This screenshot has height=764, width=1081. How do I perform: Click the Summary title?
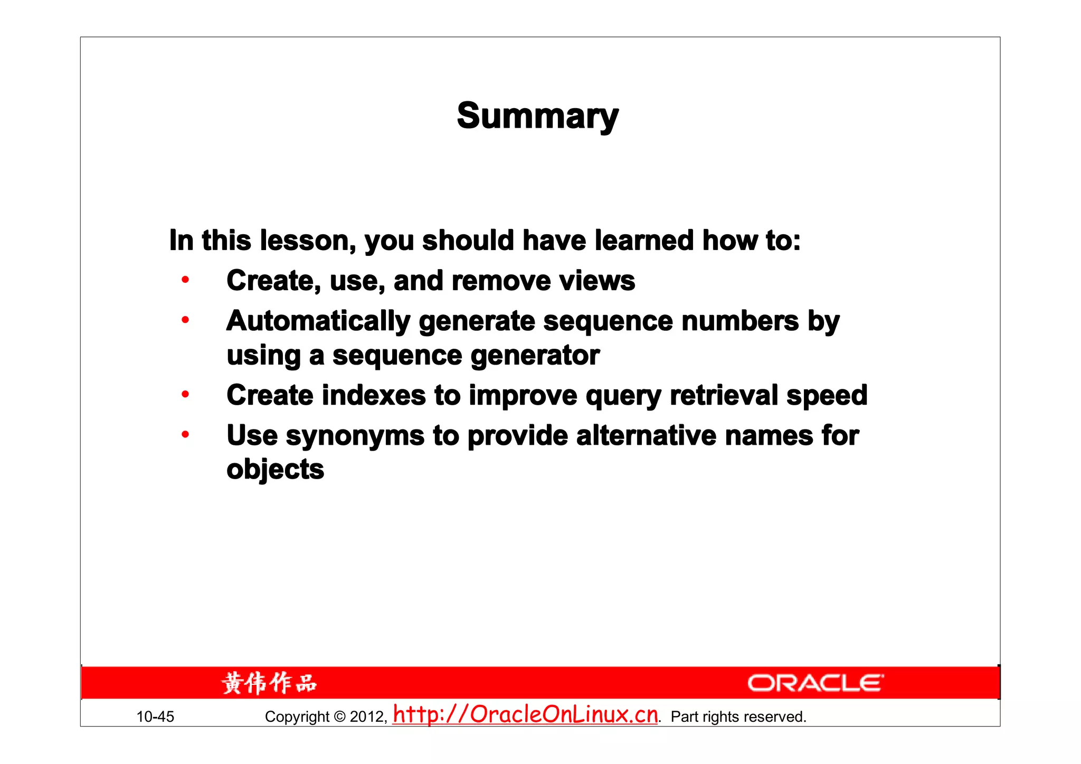click(x=537, y=116)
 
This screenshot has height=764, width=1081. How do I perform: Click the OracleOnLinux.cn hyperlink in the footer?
click(x=525, y=715)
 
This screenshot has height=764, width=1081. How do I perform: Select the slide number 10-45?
click(x=155, y=717)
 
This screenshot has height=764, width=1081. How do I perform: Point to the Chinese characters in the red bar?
click(x=269, y=683)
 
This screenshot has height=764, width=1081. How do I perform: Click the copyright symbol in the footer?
click(x=340, y=717)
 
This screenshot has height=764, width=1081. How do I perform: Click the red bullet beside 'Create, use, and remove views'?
click(x=185, y=280)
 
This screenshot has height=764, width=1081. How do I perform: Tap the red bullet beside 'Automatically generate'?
click(x=185, y=320)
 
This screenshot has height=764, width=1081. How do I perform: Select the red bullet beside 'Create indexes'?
click(x=185, y=394)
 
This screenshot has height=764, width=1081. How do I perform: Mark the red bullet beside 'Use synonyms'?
click(x=185, y=435)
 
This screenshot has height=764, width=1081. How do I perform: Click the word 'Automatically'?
click(x=318, y=321)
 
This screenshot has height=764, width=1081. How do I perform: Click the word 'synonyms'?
click(x=355, y=436)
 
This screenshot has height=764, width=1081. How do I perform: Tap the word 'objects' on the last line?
click(x=275, y=470)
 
